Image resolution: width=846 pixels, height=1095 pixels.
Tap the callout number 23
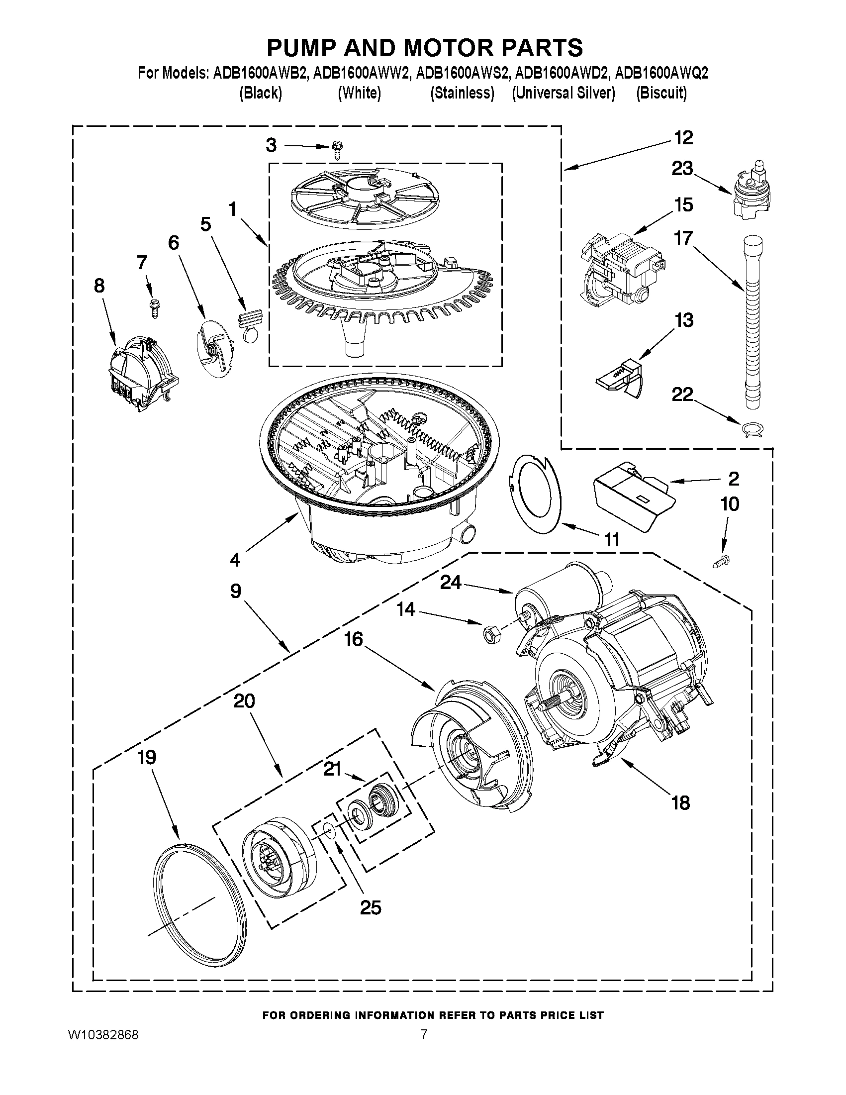pos(682,169)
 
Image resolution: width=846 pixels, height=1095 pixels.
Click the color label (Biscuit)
pos(661,93)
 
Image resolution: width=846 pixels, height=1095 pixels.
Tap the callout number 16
pos(353,639)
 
